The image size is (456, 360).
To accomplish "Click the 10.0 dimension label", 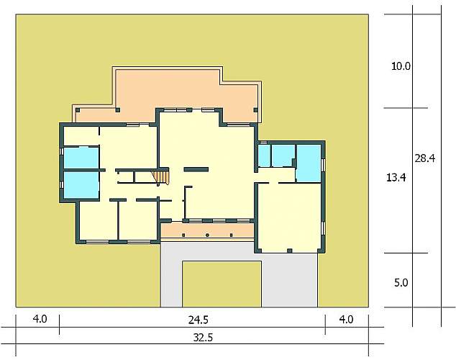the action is [401, 66].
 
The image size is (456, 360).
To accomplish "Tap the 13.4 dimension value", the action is [396, 177].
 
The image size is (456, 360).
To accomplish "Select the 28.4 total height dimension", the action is [424, 158].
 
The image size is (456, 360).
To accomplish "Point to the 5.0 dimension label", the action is [401, 282].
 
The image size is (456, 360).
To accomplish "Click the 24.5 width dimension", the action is [198, 320].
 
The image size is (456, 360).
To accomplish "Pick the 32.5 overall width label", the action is [203, 338].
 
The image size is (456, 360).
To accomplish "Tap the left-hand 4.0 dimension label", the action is [40, 319].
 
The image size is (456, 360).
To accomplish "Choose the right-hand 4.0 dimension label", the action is [347, 320].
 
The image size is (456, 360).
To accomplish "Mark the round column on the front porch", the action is [207, 235].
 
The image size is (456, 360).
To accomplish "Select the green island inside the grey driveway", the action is [222, 284].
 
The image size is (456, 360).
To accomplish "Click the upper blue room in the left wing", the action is [81, 158].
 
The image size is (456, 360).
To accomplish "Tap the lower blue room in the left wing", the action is [81, 185].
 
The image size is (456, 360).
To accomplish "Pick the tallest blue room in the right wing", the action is [309, 163].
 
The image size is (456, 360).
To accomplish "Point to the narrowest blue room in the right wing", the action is [265, 156].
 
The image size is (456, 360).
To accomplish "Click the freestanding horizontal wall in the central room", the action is [196, 169].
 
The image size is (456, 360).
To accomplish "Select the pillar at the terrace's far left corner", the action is [78, 110].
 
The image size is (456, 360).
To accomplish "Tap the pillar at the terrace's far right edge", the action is [255, 110].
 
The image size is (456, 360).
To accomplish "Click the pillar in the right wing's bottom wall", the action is [289, 251].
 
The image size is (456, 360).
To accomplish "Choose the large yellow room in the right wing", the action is [290, 216].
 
